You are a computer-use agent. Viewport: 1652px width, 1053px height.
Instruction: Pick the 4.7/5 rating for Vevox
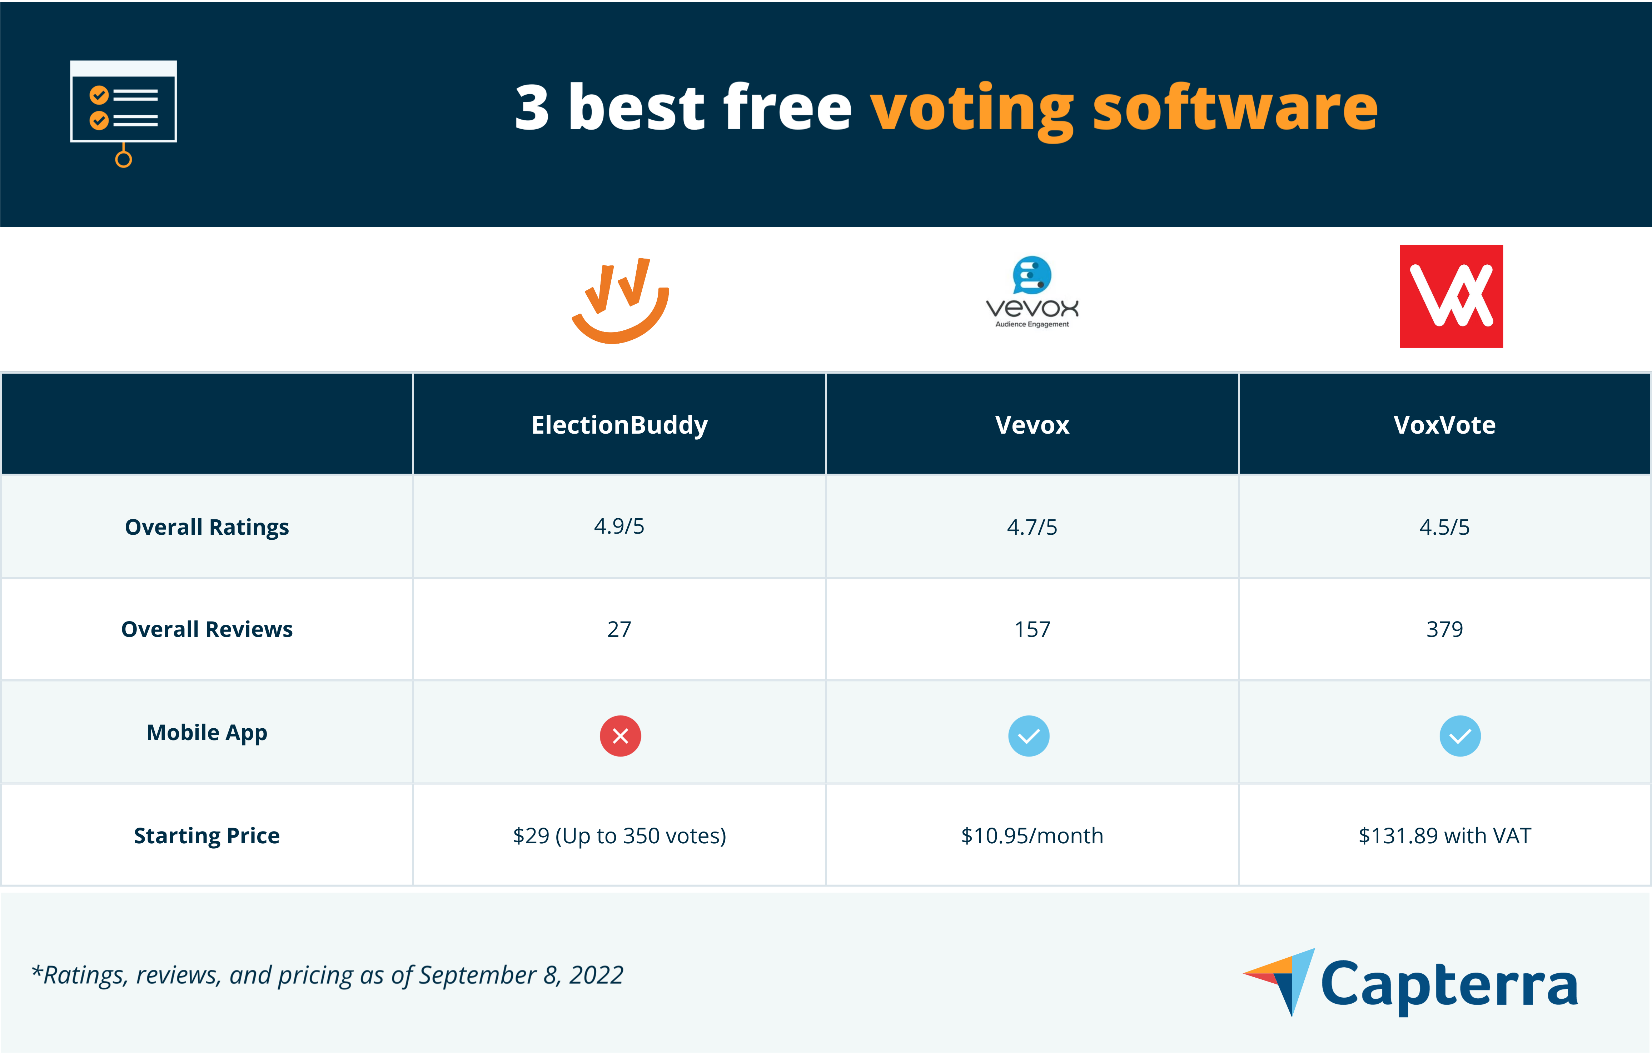(x=1032, y=527)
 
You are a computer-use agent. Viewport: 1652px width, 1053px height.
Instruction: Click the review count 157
(x=1032, y=629)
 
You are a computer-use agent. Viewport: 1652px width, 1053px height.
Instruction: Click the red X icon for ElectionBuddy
(x=620, y=736)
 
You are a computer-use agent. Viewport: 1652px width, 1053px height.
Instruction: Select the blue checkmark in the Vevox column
(x=1028, y=736)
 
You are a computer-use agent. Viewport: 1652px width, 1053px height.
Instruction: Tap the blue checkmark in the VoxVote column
(x=1460, y=736)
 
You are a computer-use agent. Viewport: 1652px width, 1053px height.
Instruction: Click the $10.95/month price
(x=1032, y=835)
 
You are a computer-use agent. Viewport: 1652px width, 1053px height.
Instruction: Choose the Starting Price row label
(x=206, y=835)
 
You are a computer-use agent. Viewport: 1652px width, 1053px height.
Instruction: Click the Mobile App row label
(x=206, y=733)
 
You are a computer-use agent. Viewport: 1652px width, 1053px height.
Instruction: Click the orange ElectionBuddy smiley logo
(x=620, y=302)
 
